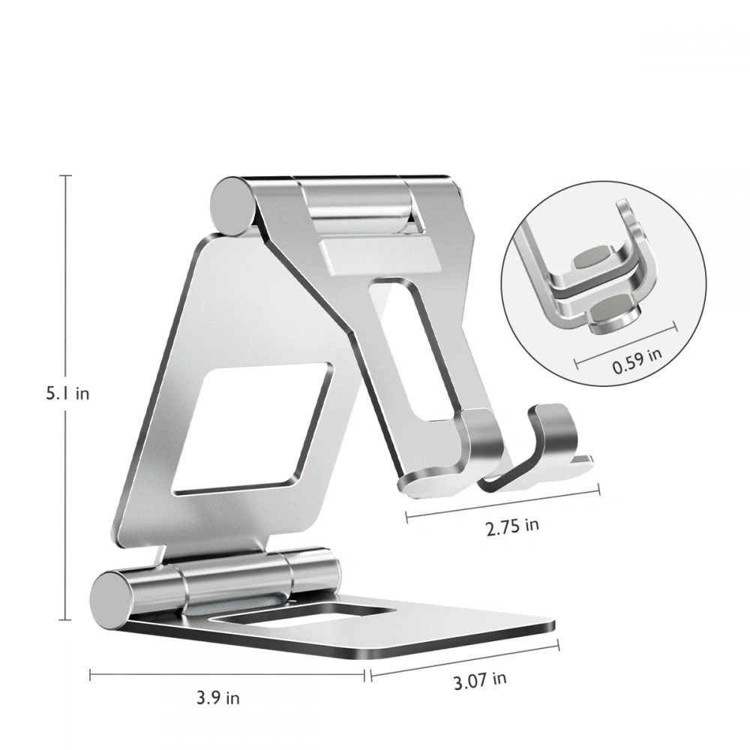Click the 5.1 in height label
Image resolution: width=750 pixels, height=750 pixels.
click(67, 393)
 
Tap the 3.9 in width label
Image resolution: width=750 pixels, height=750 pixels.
click(218, 697)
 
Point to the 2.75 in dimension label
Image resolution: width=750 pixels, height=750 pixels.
click(512, 525)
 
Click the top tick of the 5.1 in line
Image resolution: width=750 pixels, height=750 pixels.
click(67, 175)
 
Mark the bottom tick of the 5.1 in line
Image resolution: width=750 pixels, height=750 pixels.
click(67, 619)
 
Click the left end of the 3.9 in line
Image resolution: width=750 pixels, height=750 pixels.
click(91, 675)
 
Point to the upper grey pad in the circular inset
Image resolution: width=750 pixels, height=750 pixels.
click(590, 257)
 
